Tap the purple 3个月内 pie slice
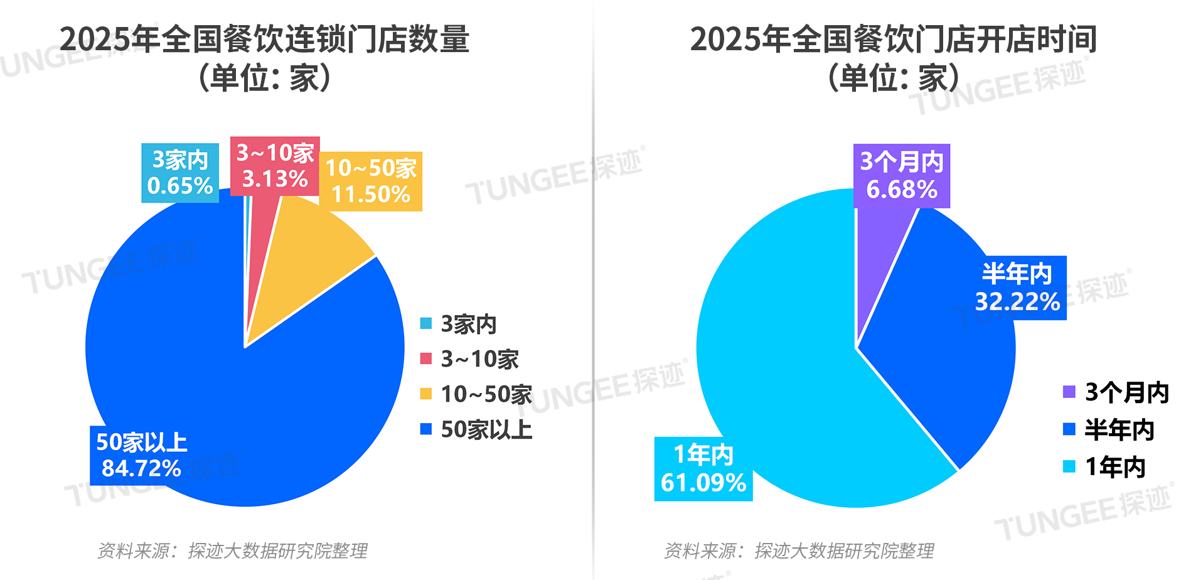pyautogui.click(x=879, y=264)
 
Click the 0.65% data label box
pyautogui.click(x=180, y=173)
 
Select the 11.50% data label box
pyautogui.click(x=371, y=181)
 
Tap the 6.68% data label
pyautogui.click(x=901, y=176)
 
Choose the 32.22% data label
pyautogui.click(x=1017, y=288)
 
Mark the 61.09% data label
pyautogui.click(x=703, y=469)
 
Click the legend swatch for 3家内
pyautogui.click(x=426, y=324)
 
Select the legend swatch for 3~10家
pyautogui.click(x=426, y=358)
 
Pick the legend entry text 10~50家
pyautogui.click(x=486, y=394)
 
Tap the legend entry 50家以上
pyautogui.click(x=486, y=430)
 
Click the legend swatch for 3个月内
pyautogui.click(x=1069, y=392)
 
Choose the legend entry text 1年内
pyautogui.click(x=1115, y=467)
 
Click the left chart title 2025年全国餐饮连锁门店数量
pyautogui.click(x=264, y=39)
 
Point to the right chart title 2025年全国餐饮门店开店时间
pyautogui.click(x=894, y=39)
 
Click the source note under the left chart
pyautogui.click(x=232, y=551)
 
